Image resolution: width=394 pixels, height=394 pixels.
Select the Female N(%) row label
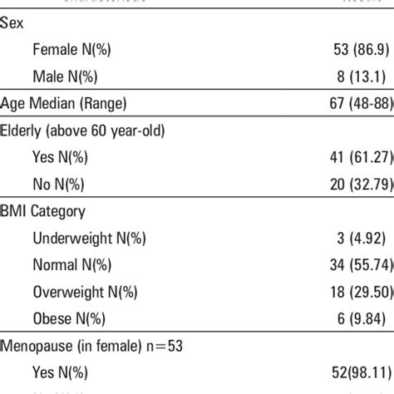(71, 50)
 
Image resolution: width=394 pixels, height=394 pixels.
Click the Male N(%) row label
(64, 77)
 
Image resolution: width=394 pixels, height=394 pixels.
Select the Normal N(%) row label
(71, 265)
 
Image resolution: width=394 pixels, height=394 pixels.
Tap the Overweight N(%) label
(84, 293)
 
